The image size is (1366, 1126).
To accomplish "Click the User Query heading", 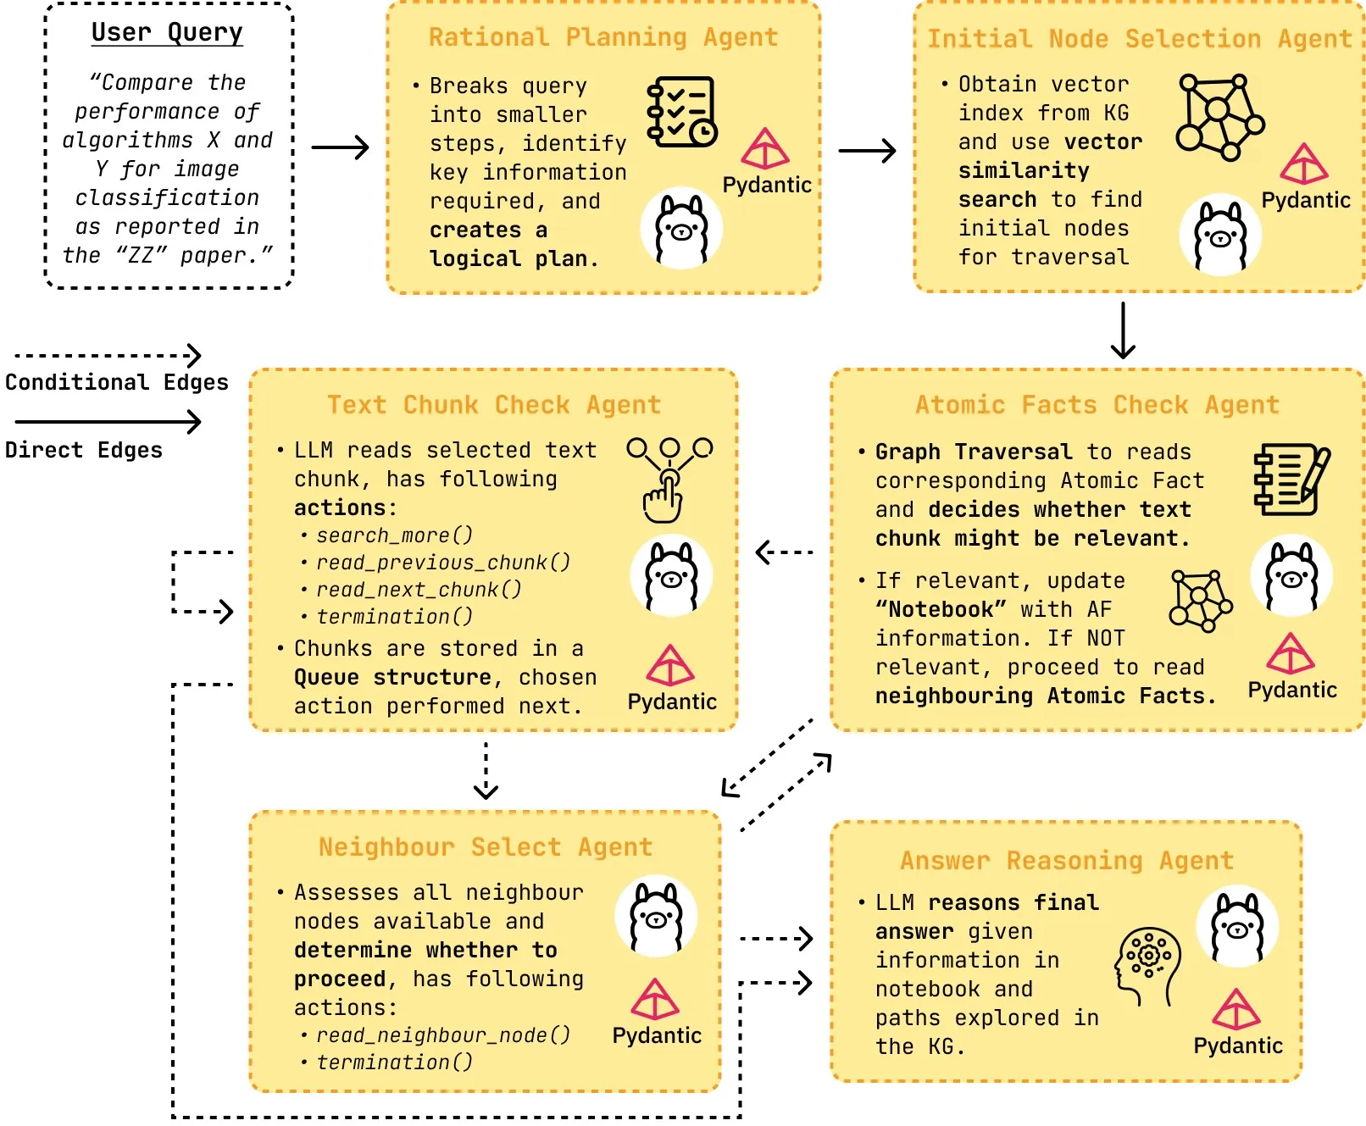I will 167,32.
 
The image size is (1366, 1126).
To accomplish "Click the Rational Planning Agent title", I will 602,37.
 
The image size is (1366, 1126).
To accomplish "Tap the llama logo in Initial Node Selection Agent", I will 1219,235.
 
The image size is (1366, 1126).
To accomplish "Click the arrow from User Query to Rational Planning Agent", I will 340,147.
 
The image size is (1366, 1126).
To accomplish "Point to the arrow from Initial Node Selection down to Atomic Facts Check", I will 1123,330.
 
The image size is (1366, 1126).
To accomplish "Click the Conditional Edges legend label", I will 117,382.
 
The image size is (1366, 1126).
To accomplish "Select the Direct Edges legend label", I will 83,450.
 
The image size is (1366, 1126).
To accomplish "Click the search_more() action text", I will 394,535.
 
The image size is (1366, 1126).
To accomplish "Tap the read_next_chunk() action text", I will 419,590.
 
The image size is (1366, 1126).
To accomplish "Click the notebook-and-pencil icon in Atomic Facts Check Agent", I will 1291,479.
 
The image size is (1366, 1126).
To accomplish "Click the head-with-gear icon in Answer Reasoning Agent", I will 1147,966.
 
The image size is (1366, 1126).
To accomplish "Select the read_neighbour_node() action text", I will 442,1035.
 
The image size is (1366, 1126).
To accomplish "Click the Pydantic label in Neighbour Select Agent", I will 657,1035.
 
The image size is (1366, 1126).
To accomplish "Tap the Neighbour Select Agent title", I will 486,847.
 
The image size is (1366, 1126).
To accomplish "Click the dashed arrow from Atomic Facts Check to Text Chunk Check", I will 784,552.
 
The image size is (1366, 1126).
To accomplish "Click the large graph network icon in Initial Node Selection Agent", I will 1219,118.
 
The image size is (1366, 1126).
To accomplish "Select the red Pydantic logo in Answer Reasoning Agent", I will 1236,1010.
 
